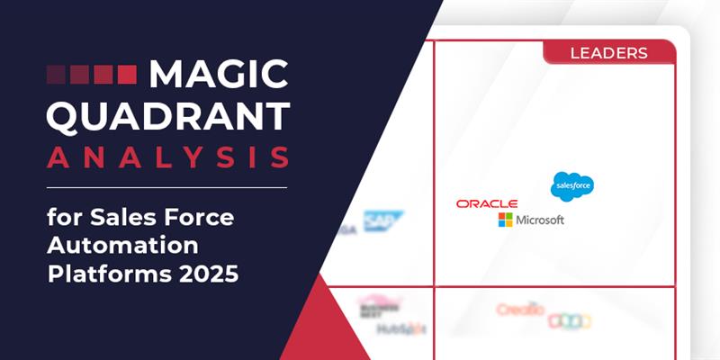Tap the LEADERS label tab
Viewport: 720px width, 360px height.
[x=608, y=53]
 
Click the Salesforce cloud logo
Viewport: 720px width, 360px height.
[x=571, y=185]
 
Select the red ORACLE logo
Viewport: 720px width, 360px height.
[x=487, y=203]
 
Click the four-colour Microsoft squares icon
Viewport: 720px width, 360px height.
[x=506, y=220]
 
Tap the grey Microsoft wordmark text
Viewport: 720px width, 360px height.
[x=540, y=220]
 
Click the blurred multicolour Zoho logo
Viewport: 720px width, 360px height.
[x=571, y=319]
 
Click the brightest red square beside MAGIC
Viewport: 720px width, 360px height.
[x=127, y=74]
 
